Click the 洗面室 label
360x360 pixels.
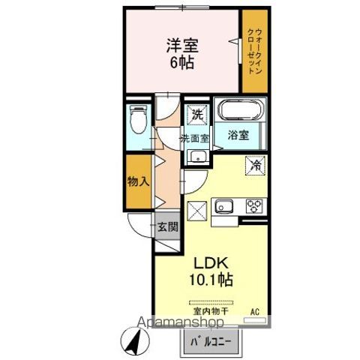pyautogui.click(x=194, y=139)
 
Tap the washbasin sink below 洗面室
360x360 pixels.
pyautogui.click(x=198, y=157)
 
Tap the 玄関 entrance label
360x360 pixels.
pyautogui.click(x=167, y=226)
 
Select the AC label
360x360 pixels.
pyautogui.click(x=254, y=310)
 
